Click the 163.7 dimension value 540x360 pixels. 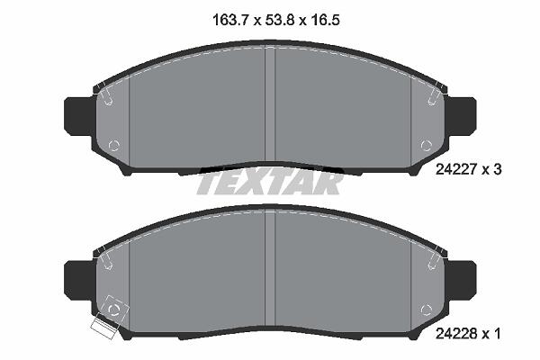click(230, 20)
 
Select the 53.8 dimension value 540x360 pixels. click(280, 20)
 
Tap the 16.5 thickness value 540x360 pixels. click(325, 20)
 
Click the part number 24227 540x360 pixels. click(456, 169)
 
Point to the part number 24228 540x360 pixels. click(456, 334)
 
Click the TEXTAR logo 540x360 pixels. click(270, 183)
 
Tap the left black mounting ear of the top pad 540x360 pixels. click(78, 116)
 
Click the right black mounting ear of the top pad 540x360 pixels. click(462, 116)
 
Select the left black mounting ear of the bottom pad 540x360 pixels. click(78, 280)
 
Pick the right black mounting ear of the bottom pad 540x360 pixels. click(462, 280)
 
